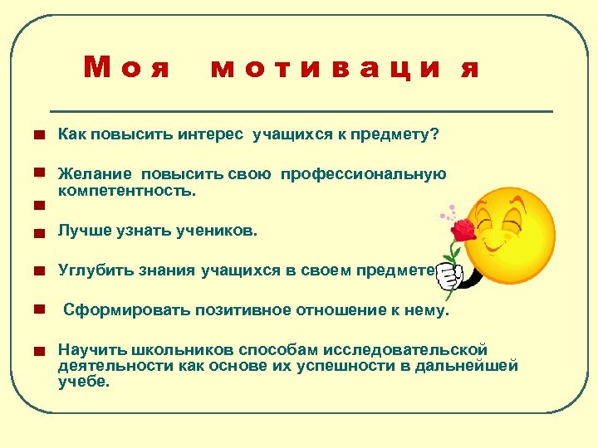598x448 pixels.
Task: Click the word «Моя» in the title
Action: (127, 67)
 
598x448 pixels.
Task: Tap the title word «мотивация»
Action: (346, 68)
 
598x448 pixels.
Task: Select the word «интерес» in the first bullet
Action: (212, 135)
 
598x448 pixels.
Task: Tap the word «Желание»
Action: (95, 174)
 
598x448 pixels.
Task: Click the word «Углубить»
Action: (94, 270)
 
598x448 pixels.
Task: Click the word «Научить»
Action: (88, 350)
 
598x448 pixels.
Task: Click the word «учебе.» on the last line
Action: (83, 382)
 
